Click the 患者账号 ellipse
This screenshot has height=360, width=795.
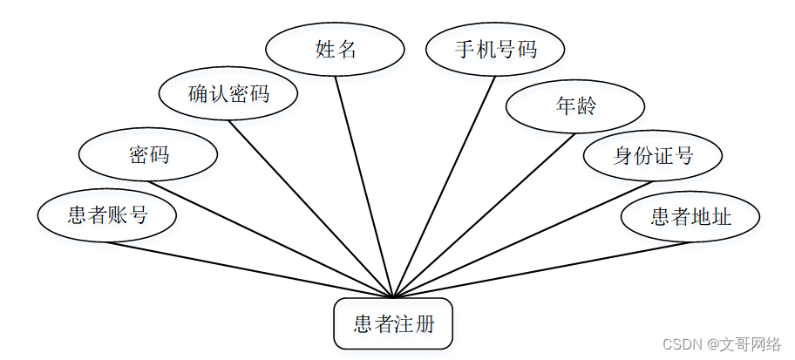(107, 215)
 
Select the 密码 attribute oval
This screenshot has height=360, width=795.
(148, 155)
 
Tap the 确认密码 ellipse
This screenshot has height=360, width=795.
(229, 94)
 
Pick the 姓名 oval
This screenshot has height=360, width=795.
(336, 49)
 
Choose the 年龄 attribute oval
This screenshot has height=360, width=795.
(575, 106)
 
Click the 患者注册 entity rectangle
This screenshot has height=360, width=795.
(393, 325)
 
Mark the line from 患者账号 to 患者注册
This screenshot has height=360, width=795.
(250, 269)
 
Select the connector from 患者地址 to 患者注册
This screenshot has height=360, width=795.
(540, 269)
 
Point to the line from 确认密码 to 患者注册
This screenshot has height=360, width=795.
(311, 208)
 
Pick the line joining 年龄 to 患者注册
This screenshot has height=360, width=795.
(484, 215)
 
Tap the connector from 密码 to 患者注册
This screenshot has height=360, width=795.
(271, 239)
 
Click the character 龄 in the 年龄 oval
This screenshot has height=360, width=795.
(586, 106)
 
